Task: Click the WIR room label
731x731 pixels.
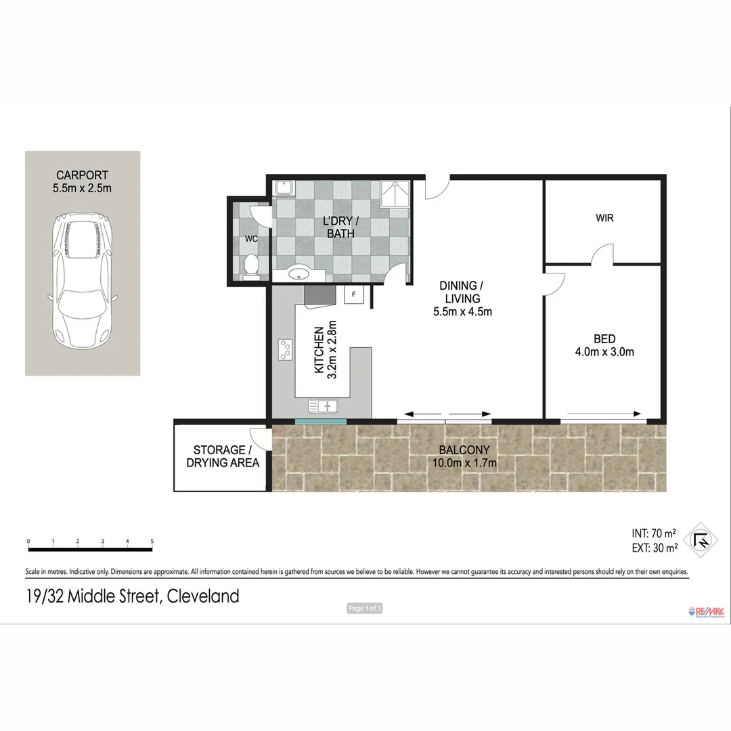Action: pyautogui.click(x=604, y=219)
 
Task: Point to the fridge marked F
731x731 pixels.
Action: pyautogui.click(x=353, y=295)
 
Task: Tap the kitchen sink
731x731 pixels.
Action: pyautogui.click(x=324, y=406)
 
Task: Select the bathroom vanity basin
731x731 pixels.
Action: pyautogui.click(x=298, y=274)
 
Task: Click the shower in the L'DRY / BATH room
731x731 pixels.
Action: pyautogui.click(x=395, y=194)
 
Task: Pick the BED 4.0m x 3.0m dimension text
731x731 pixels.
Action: pyautogui.click(x=604, y=352)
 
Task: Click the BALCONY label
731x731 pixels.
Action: pyautogui.click(x=464, y=450)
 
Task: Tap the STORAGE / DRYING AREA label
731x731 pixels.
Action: pyautogui.click(x=219, y=456)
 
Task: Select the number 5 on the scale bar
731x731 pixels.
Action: pyautogui.click(x=152, y=541)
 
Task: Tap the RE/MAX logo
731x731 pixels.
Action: pyautogui.click(x=706, y=612)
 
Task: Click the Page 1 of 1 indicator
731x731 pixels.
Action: pyautogui.click(x=365, y=608)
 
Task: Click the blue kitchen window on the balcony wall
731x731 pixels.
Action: pyautogui.click(x=321, y=422)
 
